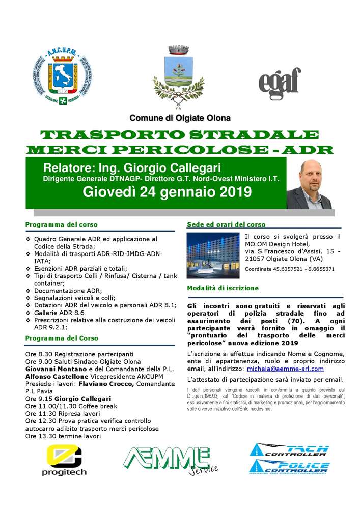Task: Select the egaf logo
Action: click(x=280, y=81)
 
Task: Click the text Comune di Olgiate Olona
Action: click(x=180, y=118)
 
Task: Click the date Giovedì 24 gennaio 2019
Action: click(x=167, y=192)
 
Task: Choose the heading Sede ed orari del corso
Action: click(x=226, y=224)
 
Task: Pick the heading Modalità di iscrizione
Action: click(x=223, y=288)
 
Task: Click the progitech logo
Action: click(x=64, y=460)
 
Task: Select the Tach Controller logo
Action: click(x=289, y=450)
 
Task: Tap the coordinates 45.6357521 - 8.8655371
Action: click(x=289, y=269)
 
